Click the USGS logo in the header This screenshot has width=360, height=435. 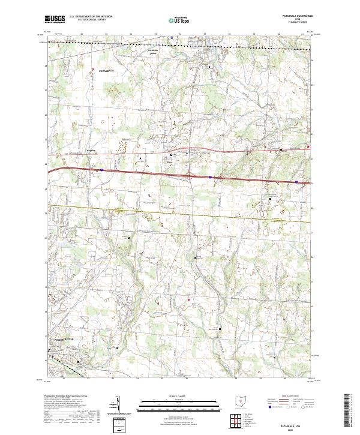click(x=55, y=19)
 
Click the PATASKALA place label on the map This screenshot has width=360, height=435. click(x=106, y=70)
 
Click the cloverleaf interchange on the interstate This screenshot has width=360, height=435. click(x=190, y=175)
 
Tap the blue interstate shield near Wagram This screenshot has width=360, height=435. click(x=102, y=170)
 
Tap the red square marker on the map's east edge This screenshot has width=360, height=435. click(x=309, y=145)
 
